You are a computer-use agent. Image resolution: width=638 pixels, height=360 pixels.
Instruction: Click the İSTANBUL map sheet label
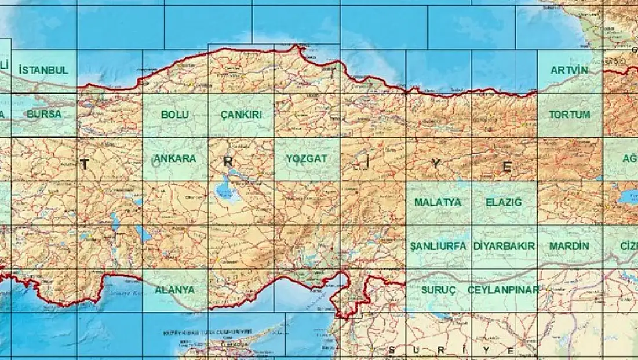click(43, 70)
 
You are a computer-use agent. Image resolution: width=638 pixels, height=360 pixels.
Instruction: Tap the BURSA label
click(43, 114)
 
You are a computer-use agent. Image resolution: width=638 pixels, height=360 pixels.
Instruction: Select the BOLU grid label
click(175, 115)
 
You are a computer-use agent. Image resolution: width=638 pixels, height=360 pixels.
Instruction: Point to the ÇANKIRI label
click(241, 115)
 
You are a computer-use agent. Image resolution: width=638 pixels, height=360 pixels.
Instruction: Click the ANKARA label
click(174, 158)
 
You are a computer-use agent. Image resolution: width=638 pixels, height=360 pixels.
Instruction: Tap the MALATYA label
click(438, 202)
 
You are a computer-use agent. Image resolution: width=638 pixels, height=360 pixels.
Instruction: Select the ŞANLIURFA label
click(438, 246)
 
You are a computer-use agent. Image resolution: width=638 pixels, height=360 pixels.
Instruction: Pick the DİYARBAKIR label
click(504, 246)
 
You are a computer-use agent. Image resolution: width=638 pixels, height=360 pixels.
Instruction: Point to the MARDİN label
click(569, 246)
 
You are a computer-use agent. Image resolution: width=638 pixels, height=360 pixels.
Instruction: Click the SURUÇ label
click(438, 289)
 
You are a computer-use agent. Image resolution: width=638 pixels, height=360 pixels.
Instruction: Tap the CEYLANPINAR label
click(504, 289)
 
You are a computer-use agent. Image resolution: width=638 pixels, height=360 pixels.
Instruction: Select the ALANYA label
click(174, 289)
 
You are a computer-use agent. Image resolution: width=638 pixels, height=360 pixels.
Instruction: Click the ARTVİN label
click(569, 70)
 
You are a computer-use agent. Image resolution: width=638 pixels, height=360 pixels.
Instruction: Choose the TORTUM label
click(569, 114)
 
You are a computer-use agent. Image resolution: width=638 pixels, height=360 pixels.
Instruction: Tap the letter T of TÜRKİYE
click(85, 165)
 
